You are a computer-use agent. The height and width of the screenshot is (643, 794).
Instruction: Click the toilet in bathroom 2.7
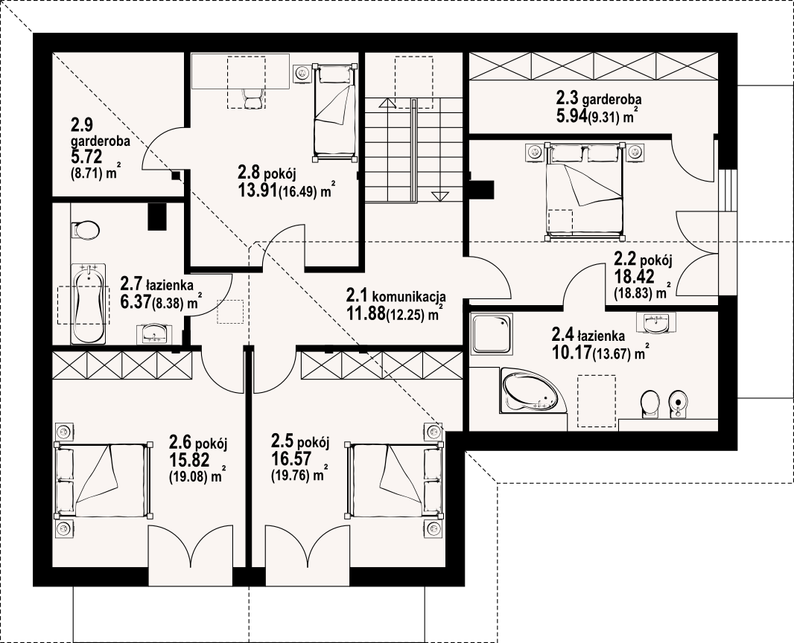(x=86, y=230)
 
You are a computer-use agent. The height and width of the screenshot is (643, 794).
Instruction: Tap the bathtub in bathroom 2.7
(x=89, y=304)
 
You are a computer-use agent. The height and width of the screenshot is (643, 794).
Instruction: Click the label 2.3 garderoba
(x=599, y=97)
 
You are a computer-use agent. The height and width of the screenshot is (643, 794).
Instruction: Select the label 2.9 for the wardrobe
(x=81, y=124)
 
